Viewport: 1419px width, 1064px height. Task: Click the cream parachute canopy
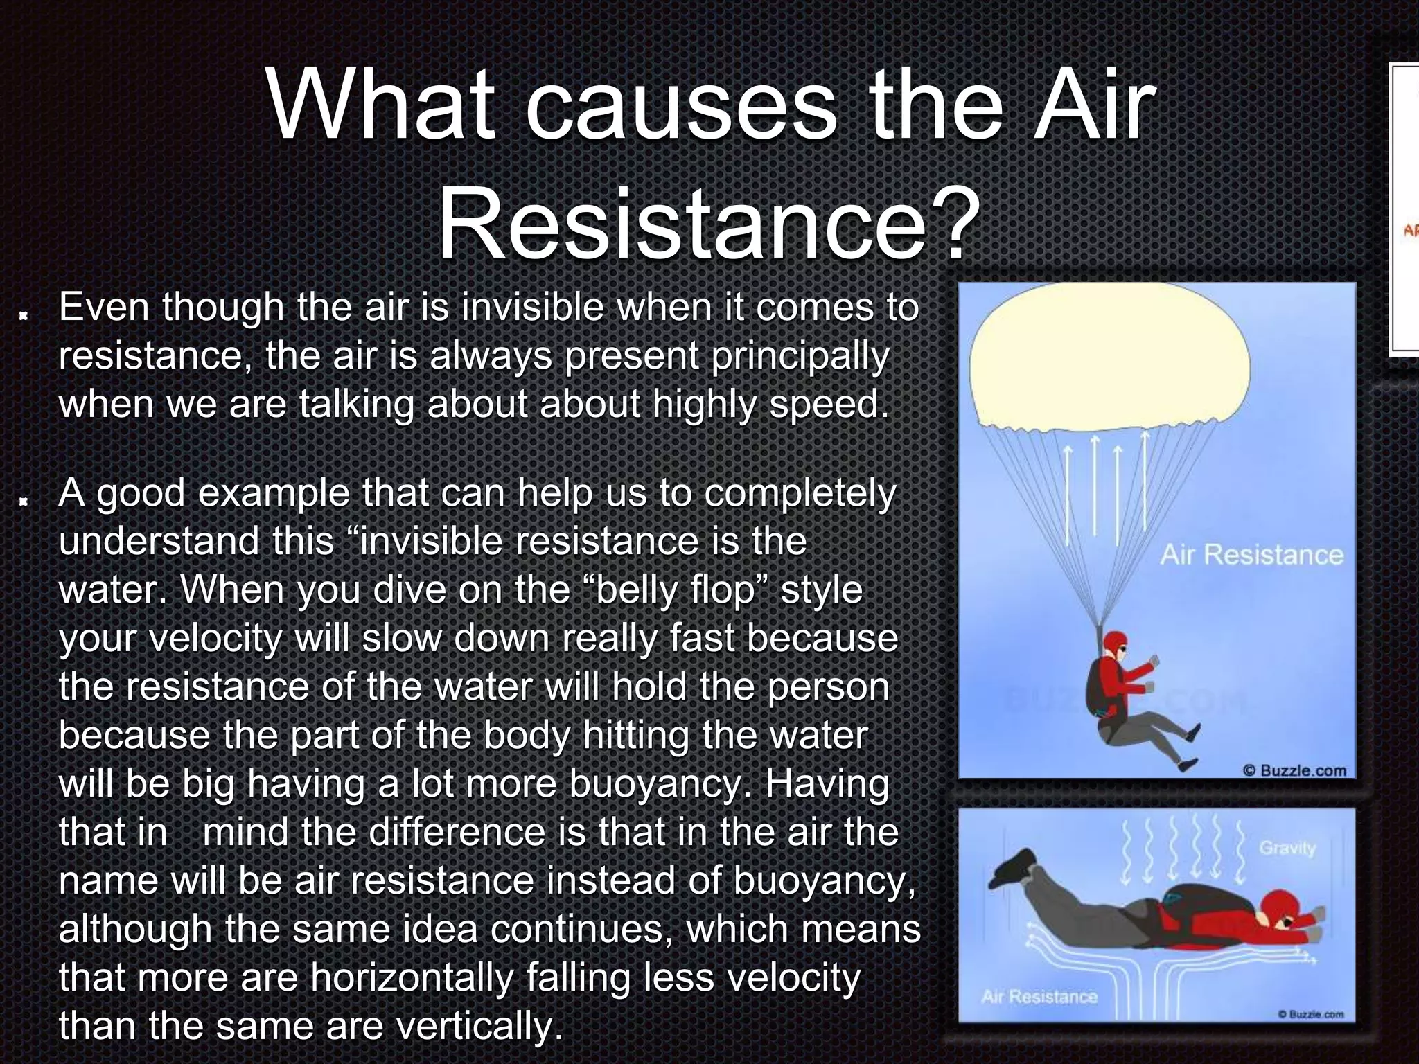[x=1109, y=360]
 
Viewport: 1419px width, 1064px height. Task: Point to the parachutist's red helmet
[x=1115, y=645]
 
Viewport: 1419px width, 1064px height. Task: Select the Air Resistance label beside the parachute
[x=1251, y=555]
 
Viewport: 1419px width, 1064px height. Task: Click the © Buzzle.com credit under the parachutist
[x=1294, y=770]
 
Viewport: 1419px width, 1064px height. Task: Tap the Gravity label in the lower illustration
[x=1287, y=848]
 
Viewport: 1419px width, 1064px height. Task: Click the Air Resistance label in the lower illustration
[x=1039, y=997]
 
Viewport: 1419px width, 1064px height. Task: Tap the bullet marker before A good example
[x=24, y=501]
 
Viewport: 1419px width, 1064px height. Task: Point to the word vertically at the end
[x=478, y=1026]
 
